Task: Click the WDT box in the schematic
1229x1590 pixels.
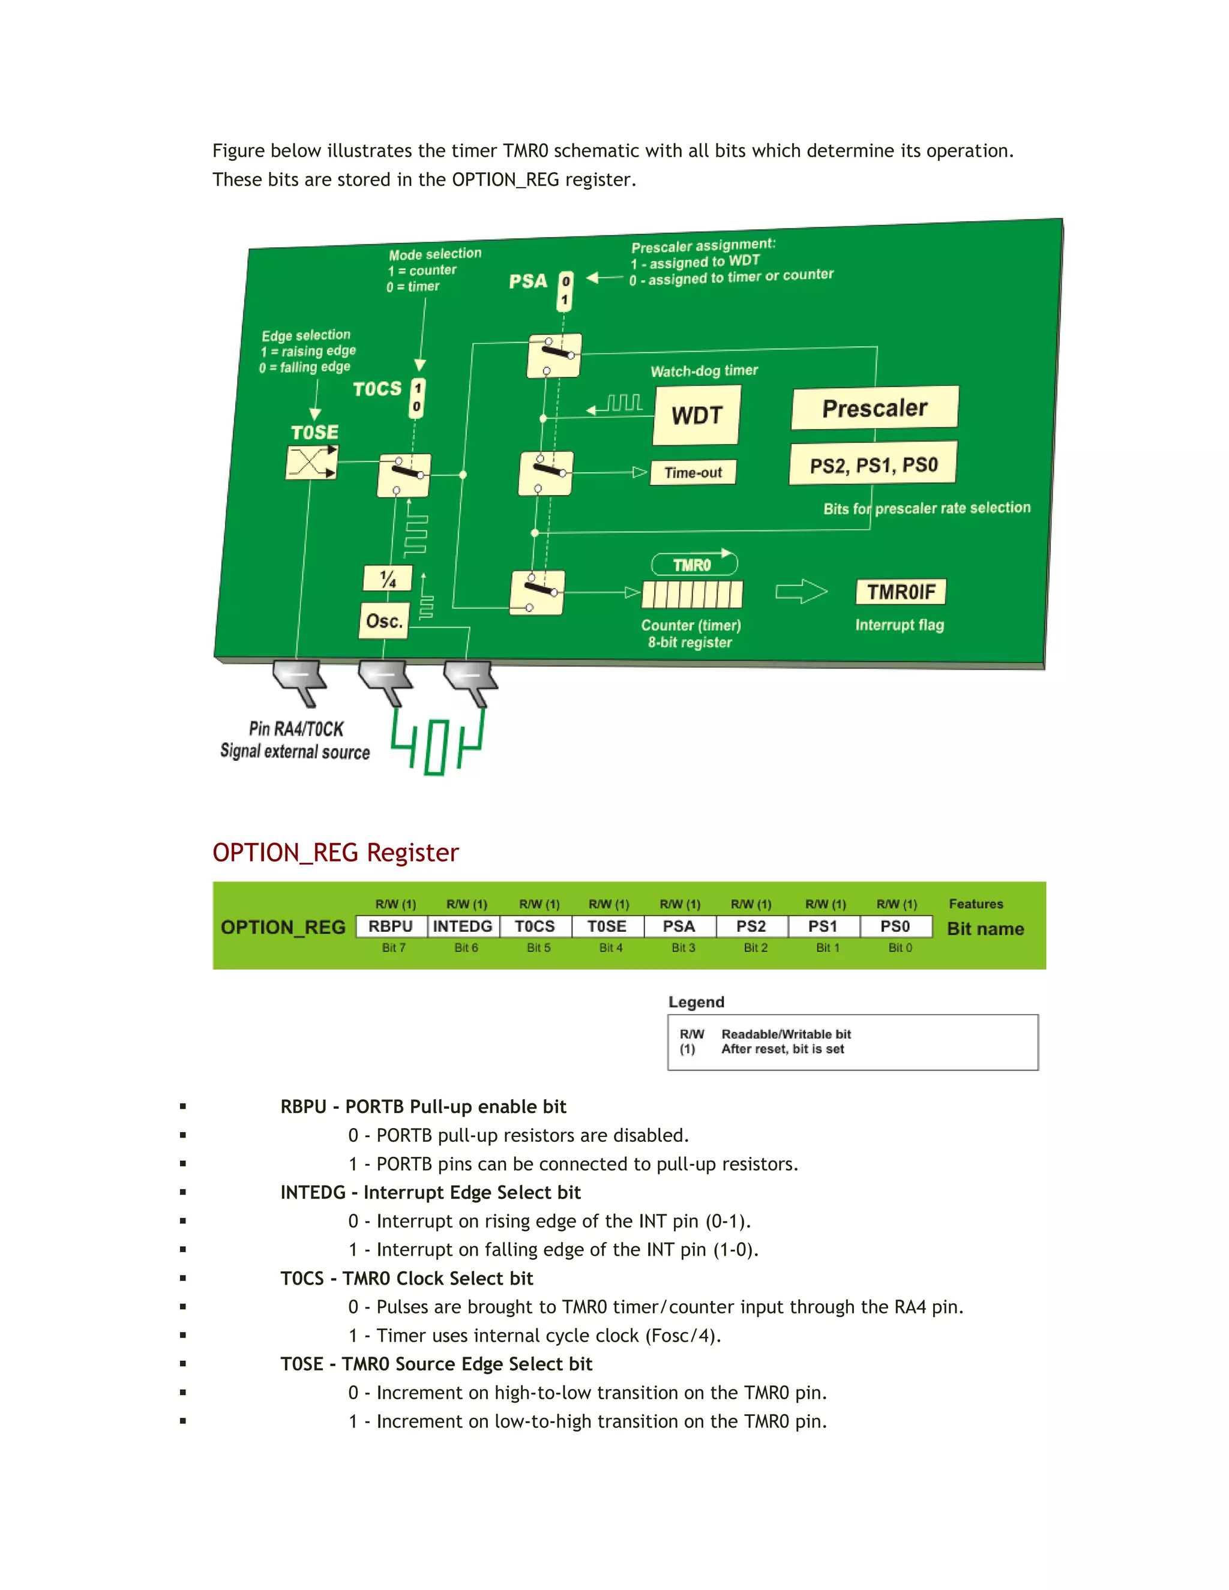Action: (696, 415)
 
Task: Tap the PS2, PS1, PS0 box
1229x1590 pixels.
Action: (873, 464)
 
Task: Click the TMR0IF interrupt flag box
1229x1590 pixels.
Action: (901, 592)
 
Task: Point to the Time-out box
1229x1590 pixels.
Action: (693, 472)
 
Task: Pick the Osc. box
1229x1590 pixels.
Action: (383, 621)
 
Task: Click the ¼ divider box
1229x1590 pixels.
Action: (387, 579)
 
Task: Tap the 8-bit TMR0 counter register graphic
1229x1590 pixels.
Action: (692, 594)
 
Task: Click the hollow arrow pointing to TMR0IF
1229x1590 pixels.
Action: (801, 591)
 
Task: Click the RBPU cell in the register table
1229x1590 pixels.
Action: (391, 926)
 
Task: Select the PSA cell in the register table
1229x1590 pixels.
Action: (679, 926)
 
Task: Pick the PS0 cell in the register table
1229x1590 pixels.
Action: (895, 926)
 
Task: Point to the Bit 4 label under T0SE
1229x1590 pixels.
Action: (610, 948)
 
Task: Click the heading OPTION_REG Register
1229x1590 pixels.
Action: (335, 853)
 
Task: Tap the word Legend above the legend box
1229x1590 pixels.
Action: (696, 1002)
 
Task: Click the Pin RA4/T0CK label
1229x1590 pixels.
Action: (296, 729)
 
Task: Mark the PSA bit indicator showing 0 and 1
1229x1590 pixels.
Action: (565, 290)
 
